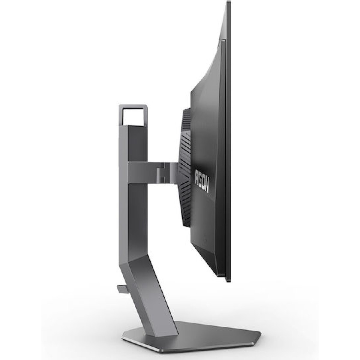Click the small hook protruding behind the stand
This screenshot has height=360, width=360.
(120, 272)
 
